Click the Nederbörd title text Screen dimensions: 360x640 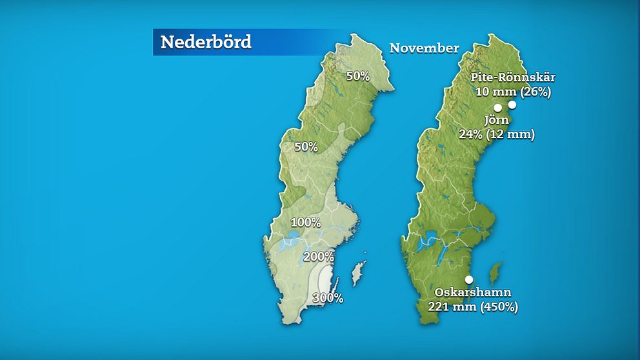pos(205,42)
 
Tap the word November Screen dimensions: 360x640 pos(424,48)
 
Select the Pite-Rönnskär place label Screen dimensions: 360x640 pos(513,77)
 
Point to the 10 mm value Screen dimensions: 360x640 pos(491,92)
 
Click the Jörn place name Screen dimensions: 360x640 pos(496,120)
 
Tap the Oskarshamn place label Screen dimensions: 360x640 pos(473,293)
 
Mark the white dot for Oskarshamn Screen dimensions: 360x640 pos(468,279)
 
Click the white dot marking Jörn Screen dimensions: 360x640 pos(497,108)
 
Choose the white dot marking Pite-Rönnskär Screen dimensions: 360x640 pos(512,104)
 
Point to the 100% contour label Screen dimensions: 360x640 pos(305,223)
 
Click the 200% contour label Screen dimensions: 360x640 pos(319,257)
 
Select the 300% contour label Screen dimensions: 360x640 pos(328,298)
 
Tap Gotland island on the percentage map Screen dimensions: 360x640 pos(357,274)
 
